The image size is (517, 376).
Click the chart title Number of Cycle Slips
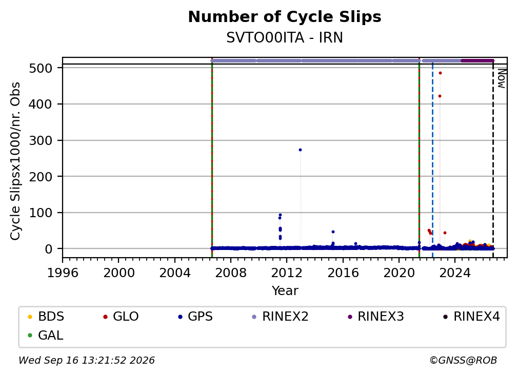[x=285, y=17]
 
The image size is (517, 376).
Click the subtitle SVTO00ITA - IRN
[x=285, y=38]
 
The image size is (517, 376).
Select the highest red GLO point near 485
[x=440, y=73]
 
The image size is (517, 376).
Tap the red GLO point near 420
[x=440, y=96]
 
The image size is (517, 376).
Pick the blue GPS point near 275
[x=301, y=150]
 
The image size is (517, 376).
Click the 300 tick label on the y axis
[x=41, y=140]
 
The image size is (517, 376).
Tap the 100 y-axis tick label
[x=41, y=213]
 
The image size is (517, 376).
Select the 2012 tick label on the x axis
[x=287, y=273]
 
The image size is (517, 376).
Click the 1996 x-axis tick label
[x=63, y=273]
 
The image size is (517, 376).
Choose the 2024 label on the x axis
[x=455, y=273]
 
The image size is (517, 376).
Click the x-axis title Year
[x=285, y=291]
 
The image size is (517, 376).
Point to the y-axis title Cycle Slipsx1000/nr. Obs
[x=15, y=161]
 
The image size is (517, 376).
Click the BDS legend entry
[x=46, y=317]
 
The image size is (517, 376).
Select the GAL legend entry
[x=46, y=336]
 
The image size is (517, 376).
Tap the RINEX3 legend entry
[x=375, y=317]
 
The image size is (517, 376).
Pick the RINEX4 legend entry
[x=471, y=317]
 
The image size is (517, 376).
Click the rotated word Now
[x=501, y=78]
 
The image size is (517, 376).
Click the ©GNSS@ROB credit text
[x=463, y=360]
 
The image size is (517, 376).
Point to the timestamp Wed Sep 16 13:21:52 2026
[x=86, y=360]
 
